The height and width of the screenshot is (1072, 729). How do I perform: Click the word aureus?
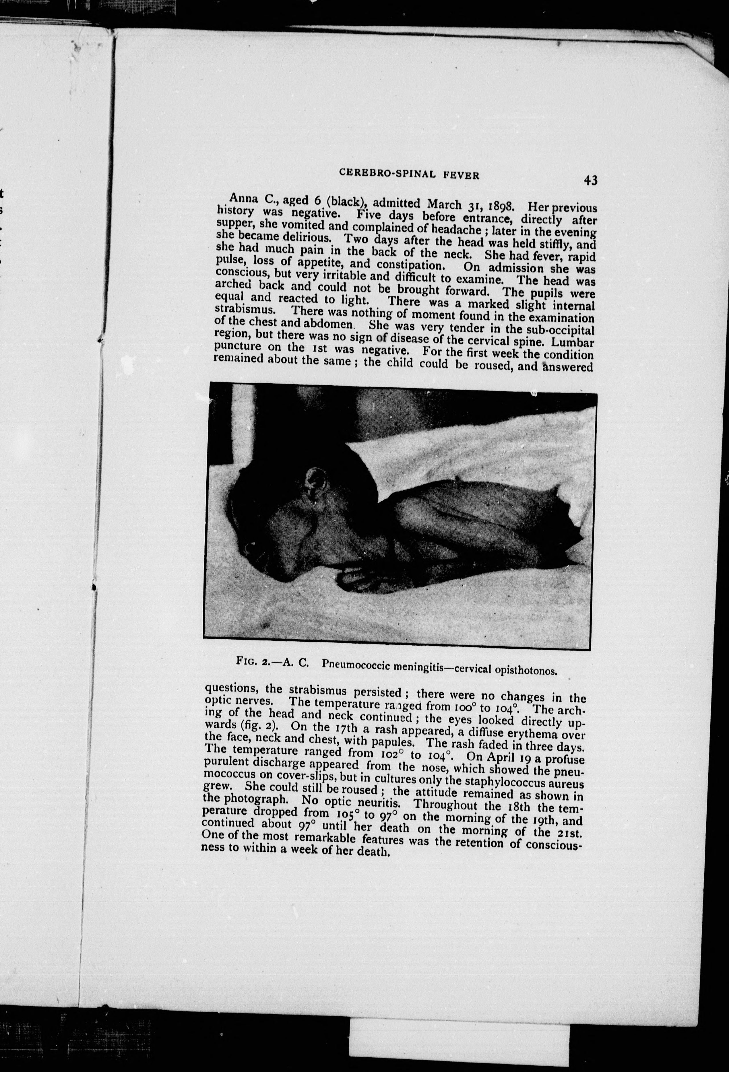pyautogui.click(x=567, y=784)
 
